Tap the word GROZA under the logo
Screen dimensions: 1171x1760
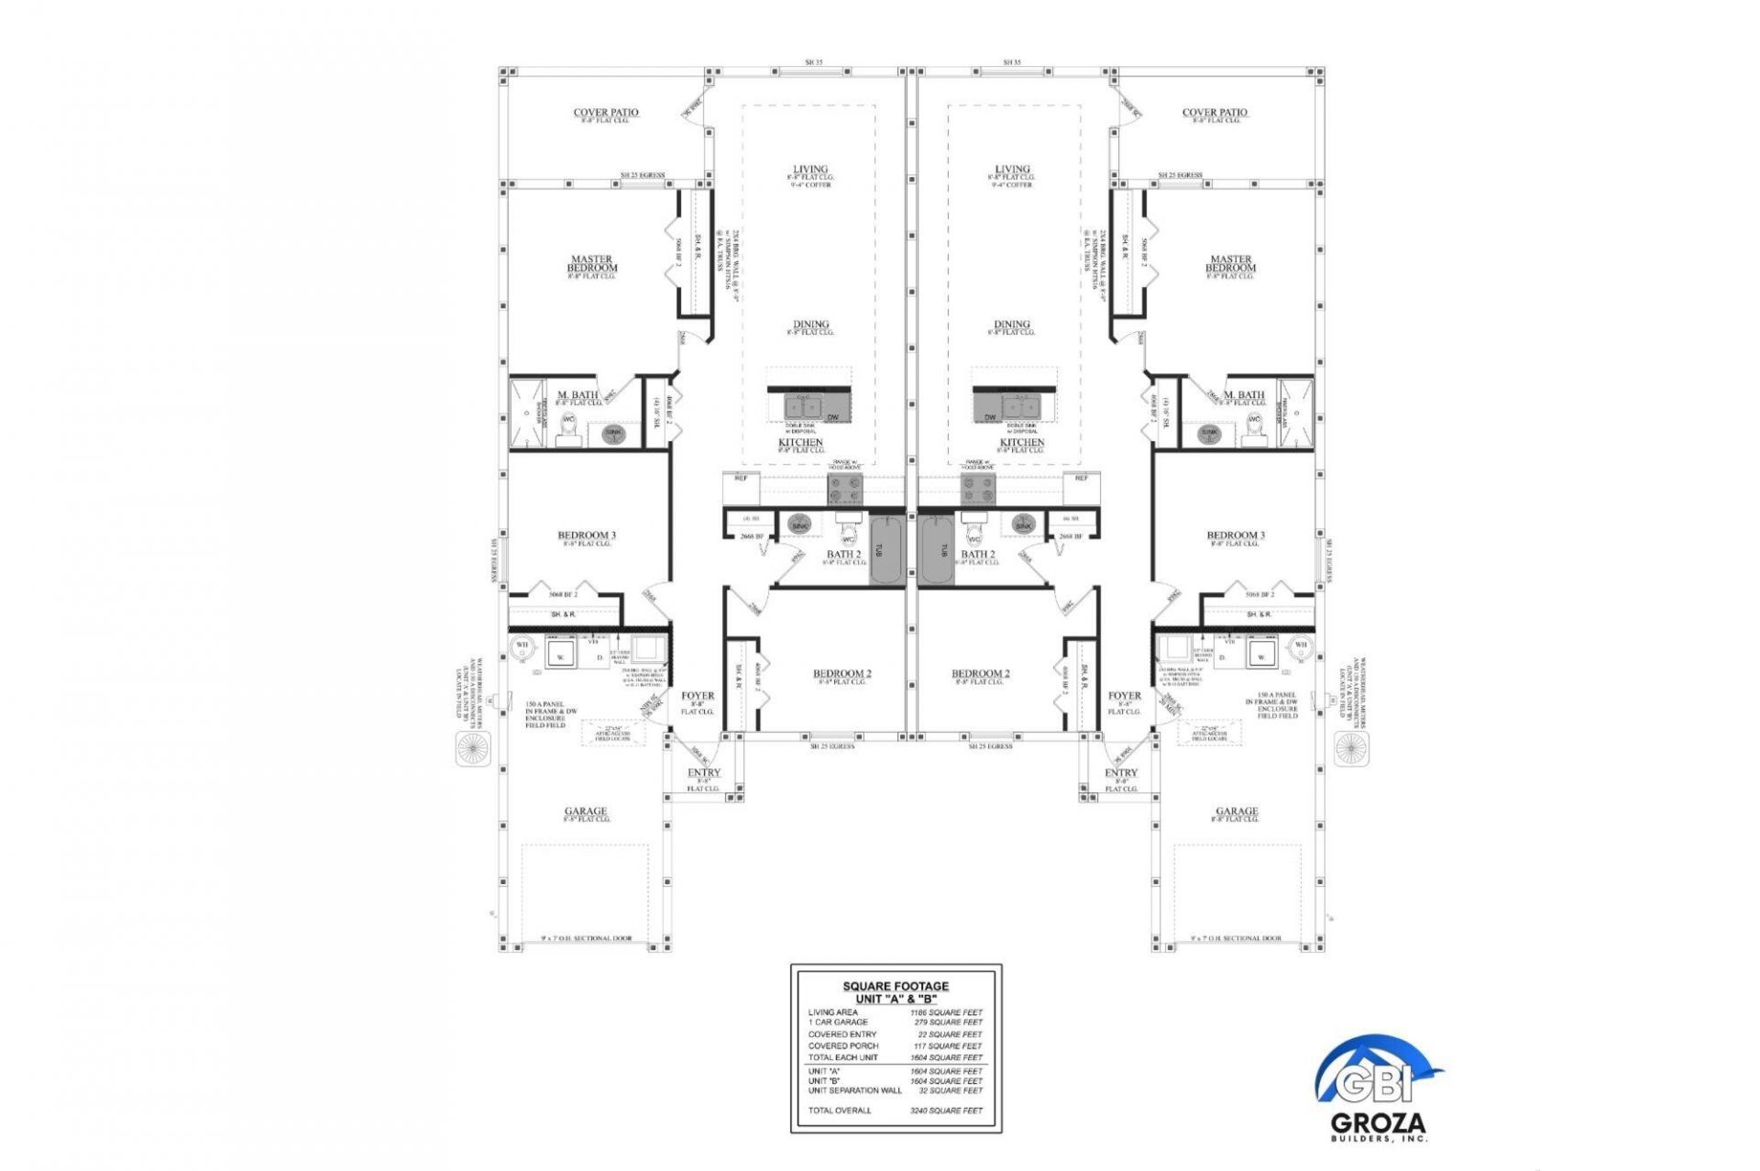click(x=1378, y=1123)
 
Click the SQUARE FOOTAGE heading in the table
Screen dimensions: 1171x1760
click(x=896, y=987)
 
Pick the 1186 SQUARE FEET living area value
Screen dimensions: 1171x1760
click(x=946, y=1012)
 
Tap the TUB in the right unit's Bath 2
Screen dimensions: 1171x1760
click(x=937, y=550)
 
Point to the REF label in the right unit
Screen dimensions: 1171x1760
click(x=1081, y=479)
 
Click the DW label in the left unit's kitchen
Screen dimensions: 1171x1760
click(x=832, y=418)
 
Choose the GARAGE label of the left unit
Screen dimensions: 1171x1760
click(x=585, y=811)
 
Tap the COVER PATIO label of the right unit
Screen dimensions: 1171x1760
click(x=1215, y=113)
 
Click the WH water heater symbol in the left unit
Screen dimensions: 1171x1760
click(x=522, y=646)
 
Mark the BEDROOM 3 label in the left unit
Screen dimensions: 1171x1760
click(x=587, y=536)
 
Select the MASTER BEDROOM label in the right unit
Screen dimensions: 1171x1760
click(x=1230, y=264)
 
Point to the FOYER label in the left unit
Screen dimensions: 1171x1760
click(x=698, y=696)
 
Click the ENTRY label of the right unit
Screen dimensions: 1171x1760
click(x=1120, y=773)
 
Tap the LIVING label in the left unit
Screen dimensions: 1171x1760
click(x=810, y=170)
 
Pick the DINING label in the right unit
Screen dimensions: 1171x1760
click(x=1012, y=325)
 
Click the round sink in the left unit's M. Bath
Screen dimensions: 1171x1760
click(x=613, y=433)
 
